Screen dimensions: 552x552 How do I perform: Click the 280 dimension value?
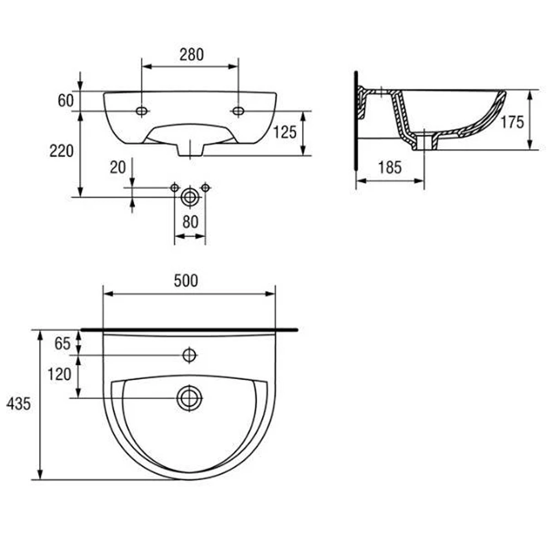192,55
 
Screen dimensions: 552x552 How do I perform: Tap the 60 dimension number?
66,100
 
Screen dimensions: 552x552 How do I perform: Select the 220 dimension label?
61,151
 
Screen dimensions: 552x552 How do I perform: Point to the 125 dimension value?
285,132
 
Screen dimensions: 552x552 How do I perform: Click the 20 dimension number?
118,168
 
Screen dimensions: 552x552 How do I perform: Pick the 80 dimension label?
190,222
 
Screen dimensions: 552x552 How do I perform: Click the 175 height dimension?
512,122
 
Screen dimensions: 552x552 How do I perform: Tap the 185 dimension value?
390,168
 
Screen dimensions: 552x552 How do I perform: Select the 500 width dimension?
186,281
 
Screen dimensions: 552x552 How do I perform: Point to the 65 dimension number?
62,343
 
